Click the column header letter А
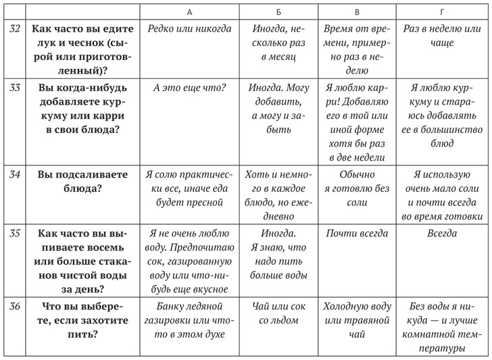189,12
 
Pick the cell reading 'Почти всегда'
356,234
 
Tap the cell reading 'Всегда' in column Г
442,234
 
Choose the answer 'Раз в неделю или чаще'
442,36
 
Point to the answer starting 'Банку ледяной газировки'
189,319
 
